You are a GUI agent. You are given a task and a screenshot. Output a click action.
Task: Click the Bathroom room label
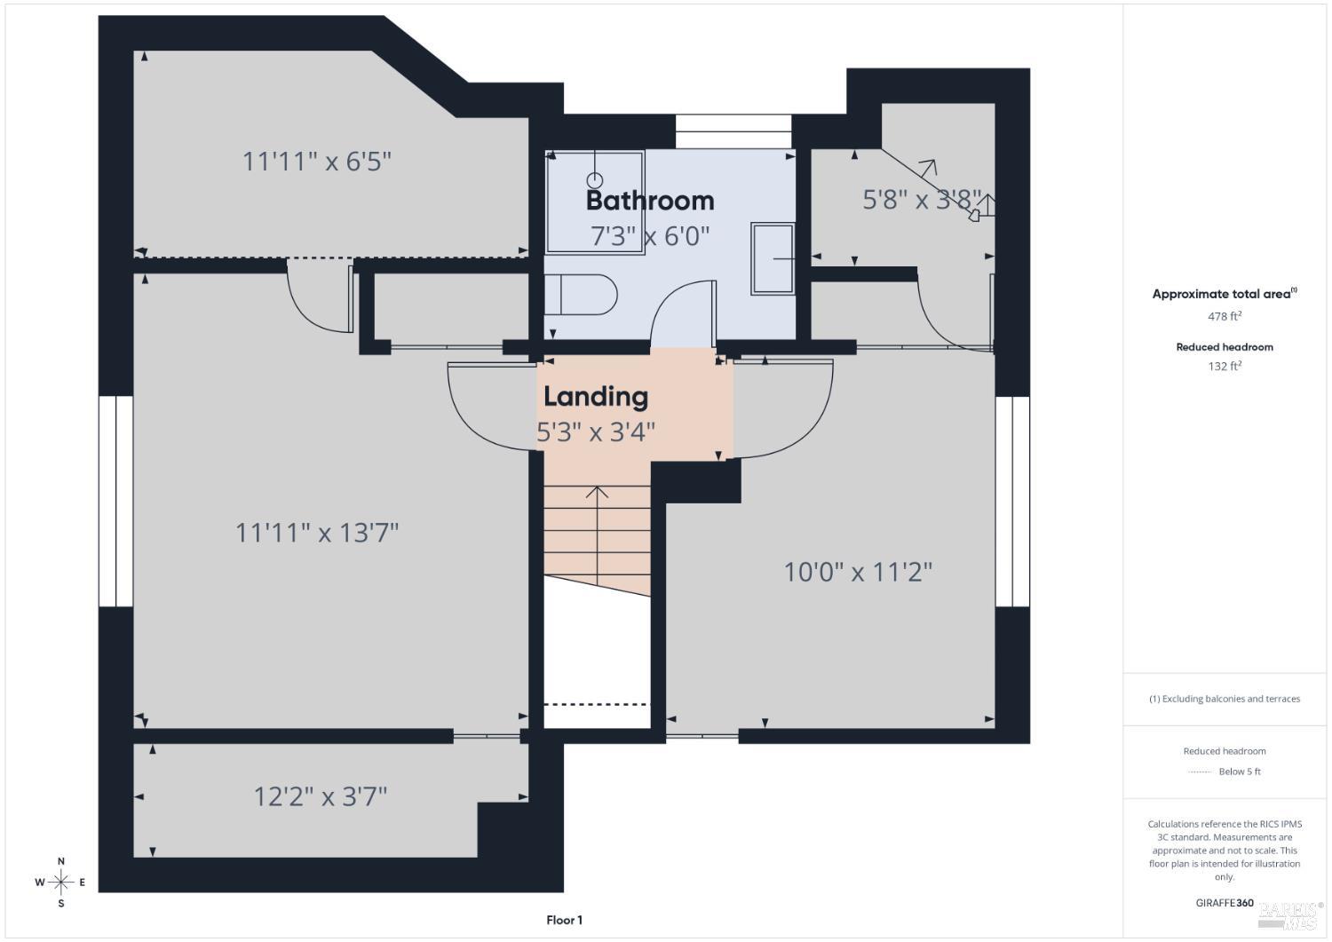(650, 201)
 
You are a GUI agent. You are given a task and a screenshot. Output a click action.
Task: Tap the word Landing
(596, 397)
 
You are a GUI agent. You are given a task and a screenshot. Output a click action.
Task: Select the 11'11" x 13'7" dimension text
(317, 533)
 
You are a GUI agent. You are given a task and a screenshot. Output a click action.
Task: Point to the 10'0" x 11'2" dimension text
(858, 572)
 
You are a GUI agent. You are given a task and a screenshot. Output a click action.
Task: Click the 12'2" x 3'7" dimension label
(321, 797)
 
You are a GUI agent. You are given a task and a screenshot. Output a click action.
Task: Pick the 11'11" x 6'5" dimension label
(317, 162)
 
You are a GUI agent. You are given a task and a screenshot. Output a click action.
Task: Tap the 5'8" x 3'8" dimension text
(922, 200)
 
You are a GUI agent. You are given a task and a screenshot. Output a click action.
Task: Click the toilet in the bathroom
(581, 295)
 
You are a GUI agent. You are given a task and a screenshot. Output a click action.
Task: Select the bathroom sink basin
(773, 258)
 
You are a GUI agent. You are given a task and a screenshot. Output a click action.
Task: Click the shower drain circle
(595, 179)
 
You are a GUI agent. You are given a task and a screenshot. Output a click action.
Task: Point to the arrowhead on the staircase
(597, 492)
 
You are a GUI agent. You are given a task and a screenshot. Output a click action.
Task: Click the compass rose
(60, 883)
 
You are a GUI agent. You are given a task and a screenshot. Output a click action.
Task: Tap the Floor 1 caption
(564, 920)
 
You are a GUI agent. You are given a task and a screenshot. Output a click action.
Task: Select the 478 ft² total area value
(1225, 316)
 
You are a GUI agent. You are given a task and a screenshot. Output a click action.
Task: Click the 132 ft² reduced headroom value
(1225, 366)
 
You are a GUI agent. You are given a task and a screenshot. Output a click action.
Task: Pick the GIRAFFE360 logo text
(1225, 903)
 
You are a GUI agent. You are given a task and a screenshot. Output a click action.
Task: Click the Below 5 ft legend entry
(1225, 772)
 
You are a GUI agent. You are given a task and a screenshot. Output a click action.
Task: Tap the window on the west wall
(116, 502)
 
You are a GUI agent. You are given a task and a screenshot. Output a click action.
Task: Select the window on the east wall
(1012, 502)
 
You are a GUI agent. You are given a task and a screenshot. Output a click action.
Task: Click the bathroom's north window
(733, 131)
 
